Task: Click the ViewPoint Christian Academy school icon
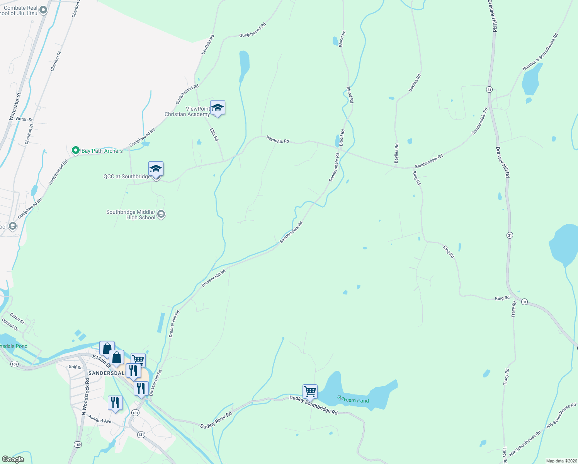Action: coord(218,108)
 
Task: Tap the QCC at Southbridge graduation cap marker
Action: coord(156,169)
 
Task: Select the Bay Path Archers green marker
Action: coord(76,150)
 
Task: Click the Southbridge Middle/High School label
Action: coord(131,215)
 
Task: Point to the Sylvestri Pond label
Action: coord(353,399)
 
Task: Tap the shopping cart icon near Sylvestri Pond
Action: coord(310,392)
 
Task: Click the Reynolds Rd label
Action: coord(277,139)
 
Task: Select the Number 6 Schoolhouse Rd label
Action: coord(540,52)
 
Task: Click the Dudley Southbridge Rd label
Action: coord(313,405)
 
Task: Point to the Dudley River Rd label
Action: coord(216,420)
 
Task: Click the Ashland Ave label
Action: coord(100,419)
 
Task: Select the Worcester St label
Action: coord(15,106)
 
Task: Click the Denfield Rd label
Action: coord(207,44)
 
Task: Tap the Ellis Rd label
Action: coord(214,135)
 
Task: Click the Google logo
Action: coord(13,459)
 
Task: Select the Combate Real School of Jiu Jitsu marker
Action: coord(43,10)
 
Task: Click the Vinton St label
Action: coord(24,119)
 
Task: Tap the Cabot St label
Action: coord(17,318)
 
